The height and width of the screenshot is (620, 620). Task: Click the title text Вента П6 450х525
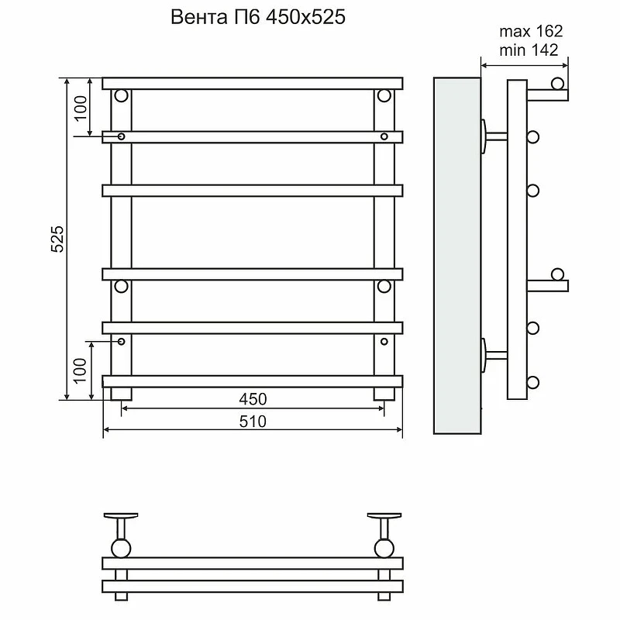pyautogui.click(x=258, y=17)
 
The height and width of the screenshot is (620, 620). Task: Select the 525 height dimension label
pyautogui.click(x=57, y=239)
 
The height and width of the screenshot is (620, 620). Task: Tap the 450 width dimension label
pyautogui.click(x=253, y=399)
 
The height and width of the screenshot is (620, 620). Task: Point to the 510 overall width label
pyautogui.click(x=253, y=422)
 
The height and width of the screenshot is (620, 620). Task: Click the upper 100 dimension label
pyautogui.click(x=81, y=108)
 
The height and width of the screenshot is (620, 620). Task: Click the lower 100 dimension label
pyautogui.click(x=80, y=370)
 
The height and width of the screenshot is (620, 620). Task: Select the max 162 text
pyautogui.click(x=531, y=31)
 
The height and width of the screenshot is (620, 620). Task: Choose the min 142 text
pyautogui.click(x=529, y=50)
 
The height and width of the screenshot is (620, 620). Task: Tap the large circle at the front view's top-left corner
pyautogui.click(x=122, y=95)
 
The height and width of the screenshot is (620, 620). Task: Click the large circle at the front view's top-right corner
pyautogui.click(x=384, y=95)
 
